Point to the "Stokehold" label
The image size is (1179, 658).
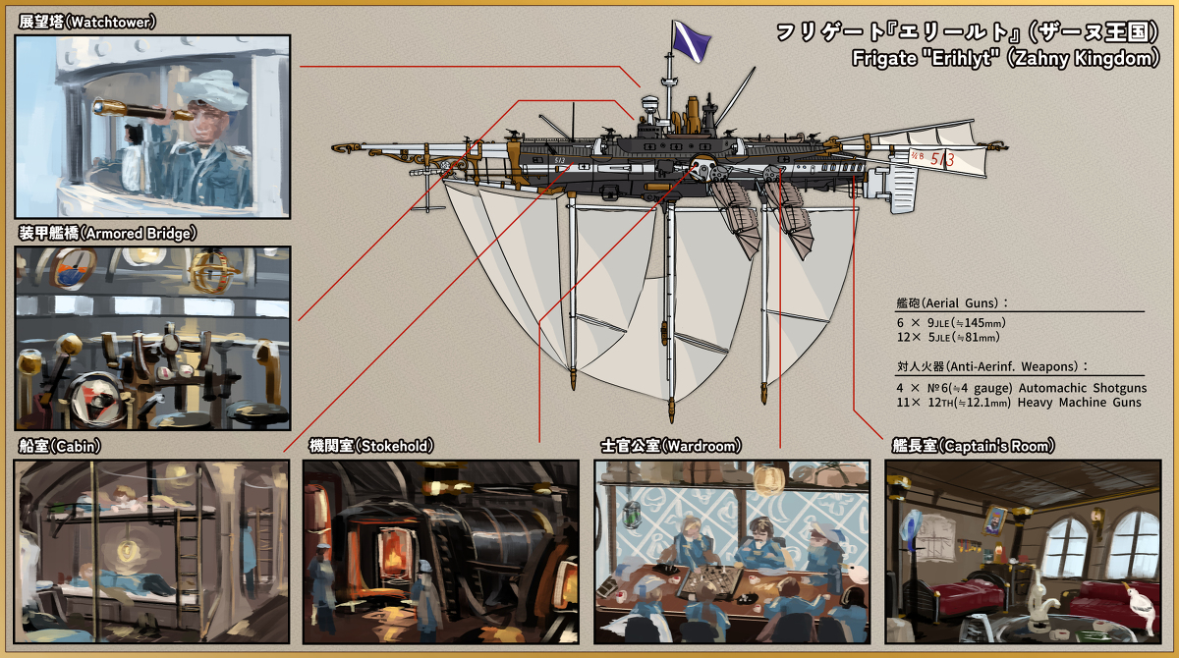[394, 446]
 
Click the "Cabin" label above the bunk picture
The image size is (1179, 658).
[79, 446]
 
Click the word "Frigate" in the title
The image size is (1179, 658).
[884, 59]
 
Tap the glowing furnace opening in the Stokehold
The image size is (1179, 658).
[393, 555]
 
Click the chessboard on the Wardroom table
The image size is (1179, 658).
[707, 579]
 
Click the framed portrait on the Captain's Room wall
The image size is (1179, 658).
[996, 518]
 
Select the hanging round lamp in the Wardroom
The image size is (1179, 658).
[769, 479]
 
